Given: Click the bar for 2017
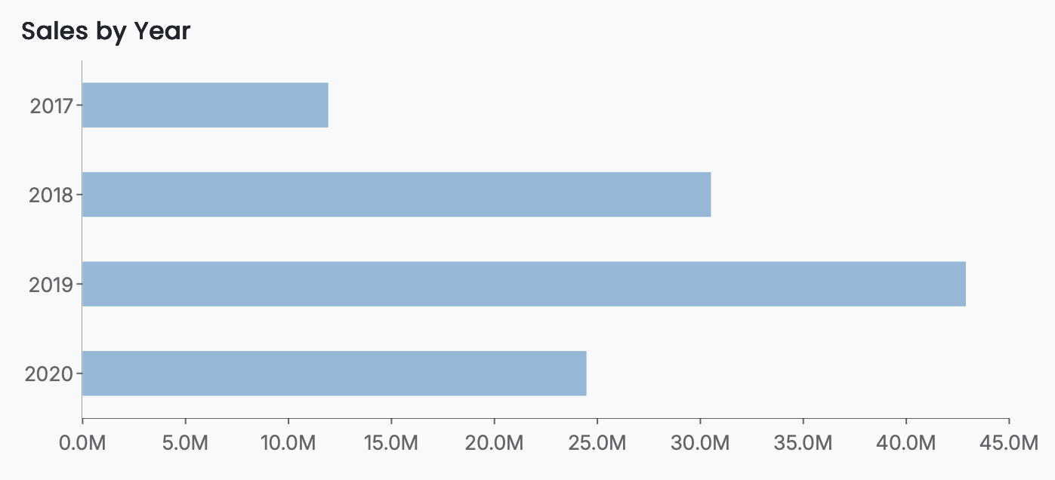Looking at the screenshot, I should point(205,105).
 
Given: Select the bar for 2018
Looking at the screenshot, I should point(396,195).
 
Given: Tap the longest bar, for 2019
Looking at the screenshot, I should point(523,284).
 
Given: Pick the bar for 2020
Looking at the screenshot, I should point(334,373).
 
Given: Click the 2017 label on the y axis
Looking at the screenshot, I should point(51,106).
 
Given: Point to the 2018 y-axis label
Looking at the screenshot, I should point(51,195).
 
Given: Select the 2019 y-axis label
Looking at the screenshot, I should point(51,285).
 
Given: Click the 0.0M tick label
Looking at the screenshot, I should point(82,442).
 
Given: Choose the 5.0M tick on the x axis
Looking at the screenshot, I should point(185,442).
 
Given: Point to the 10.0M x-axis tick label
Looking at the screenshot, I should point(288,442).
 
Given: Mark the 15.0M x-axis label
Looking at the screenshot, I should point(391,442).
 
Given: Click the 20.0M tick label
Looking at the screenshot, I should point(494,442).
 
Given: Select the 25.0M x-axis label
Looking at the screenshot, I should point(597,442).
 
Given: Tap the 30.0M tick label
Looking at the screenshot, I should point(700,442).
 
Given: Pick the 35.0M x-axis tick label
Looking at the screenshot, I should point(803,442).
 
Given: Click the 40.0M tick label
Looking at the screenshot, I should point(906,442).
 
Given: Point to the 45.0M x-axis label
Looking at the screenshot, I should point(1009,442).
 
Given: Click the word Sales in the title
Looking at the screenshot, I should point(49,31).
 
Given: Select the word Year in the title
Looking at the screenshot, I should point(162,31).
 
